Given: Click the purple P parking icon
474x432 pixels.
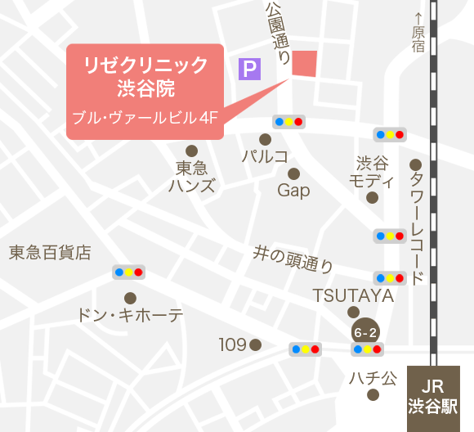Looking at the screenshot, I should [x=249, y=69].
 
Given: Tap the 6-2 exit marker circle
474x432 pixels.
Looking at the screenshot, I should [x=364, y=332].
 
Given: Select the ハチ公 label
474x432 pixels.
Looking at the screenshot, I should [x=373, y=378].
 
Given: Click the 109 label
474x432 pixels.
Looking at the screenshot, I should [x=232, y=345].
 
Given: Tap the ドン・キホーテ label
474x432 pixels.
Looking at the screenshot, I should [x=130, y=315].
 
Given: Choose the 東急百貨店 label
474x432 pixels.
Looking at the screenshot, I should [x=50, y=253].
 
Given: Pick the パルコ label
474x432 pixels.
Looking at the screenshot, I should [x=265, y=155].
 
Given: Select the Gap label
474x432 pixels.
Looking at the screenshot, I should [x=293, y=191].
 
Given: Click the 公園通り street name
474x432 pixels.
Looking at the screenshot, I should [x=278, y=33].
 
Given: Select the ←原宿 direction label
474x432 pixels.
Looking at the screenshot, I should [x=419, y=34].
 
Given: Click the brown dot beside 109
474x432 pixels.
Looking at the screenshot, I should [x=255, y=345].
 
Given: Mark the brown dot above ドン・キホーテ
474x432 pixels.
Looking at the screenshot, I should [x=130, y=298].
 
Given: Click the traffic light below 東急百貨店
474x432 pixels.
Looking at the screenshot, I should [x=128, y=272].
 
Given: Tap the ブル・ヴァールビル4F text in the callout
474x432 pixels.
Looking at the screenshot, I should [x=145, y=118].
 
